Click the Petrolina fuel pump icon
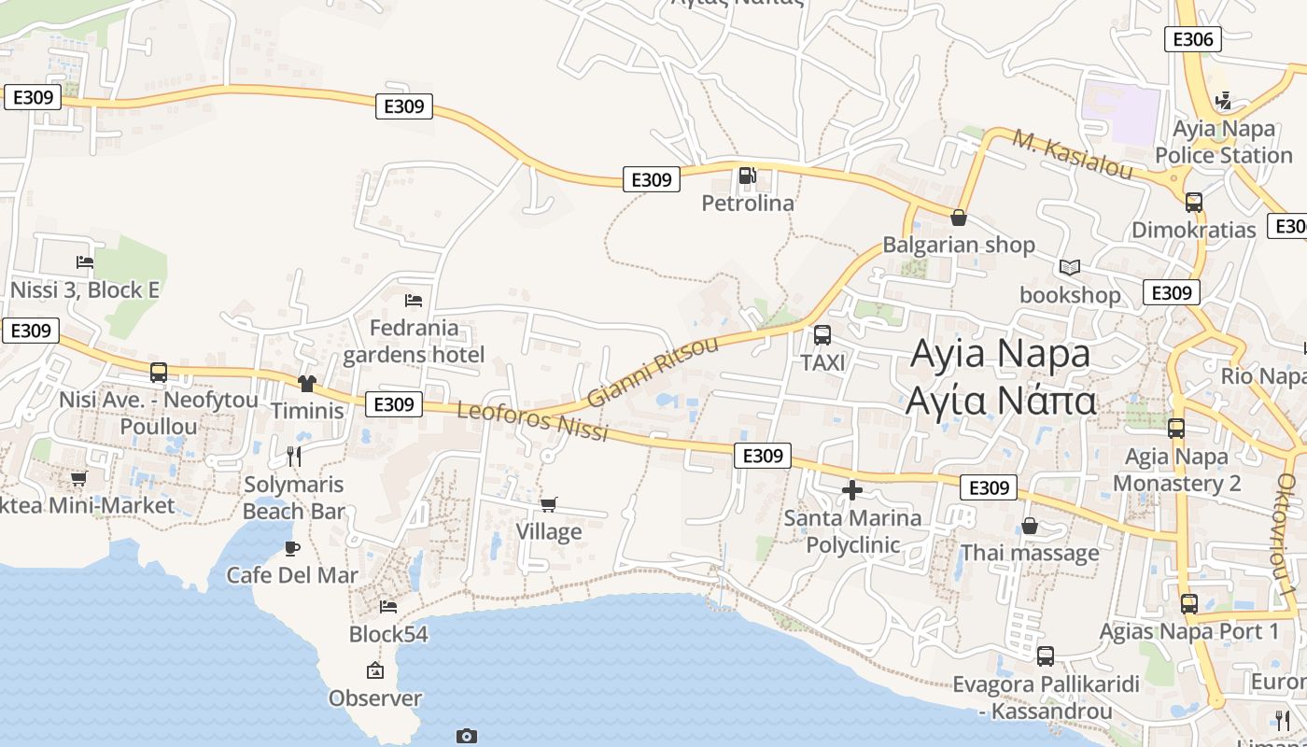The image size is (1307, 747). tap(747, 176)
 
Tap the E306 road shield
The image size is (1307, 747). tap(1192, 39)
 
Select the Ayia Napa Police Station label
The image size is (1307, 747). tap(1223, 142)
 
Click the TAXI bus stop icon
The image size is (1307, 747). tap(822, 335)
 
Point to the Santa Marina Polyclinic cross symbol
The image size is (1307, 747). tap(851, 490)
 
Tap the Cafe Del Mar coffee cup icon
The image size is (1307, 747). tap(292, 548)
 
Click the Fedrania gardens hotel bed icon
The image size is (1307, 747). tap(414, 301)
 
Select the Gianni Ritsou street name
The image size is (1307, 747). tap(653, 372)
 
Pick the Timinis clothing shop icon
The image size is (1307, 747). tap(306, 383)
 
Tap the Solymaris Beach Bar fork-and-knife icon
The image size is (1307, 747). tap(294, 457)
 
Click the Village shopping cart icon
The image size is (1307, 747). tap(549, 505)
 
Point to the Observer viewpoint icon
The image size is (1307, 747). tap(375, 670)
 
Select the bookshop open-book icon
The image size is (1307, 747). tap(1069, 268)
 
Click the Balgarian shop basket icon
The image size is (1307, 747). tap(958, 218)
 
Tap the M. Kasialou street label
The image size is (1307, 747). tap(1073, 155)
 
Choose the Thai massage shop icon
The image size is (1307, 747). tap(1029, 527)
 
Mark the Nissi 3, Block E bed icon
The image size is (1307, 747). tap(85, 262)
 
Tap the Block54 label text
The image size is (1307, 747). tap(388, 635)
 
